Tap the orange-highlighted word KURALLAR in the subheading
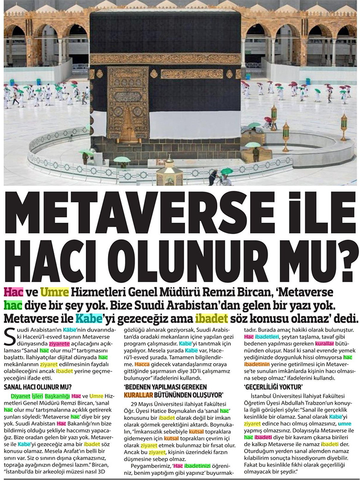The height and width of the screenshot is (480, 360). pos(142,395)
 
